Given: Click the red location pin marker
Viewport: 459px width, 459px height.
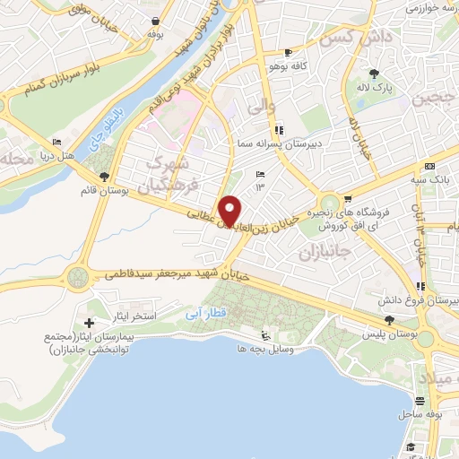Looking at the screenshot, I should [x=230, y=210].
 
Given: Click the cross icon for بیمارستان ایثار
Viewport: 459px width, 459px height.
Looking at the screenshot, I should [x=88, y=322].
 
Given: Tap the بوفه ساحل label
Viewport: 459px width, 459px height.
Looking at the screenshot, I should [x=417, y=414].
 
